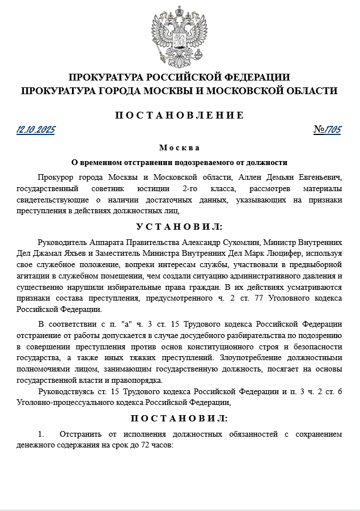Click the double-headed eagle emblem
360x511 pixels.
(x=179, y=35)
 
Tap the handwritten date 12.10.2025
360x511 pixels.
(x=36, y=130)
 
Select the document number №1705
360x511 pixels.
(x=328, y=130)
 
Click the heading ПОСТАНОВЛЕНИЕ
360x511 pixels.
(x=180, y=115)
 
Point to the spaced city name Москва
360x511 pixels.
(x=179, y=148)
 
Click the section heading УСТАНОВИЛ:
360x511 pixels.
(x=179, y=226)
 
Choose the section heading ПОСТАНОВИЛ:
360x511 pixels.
(x=179, y=419)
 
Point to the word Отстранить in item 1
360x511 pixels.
(x=79, y=434)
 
